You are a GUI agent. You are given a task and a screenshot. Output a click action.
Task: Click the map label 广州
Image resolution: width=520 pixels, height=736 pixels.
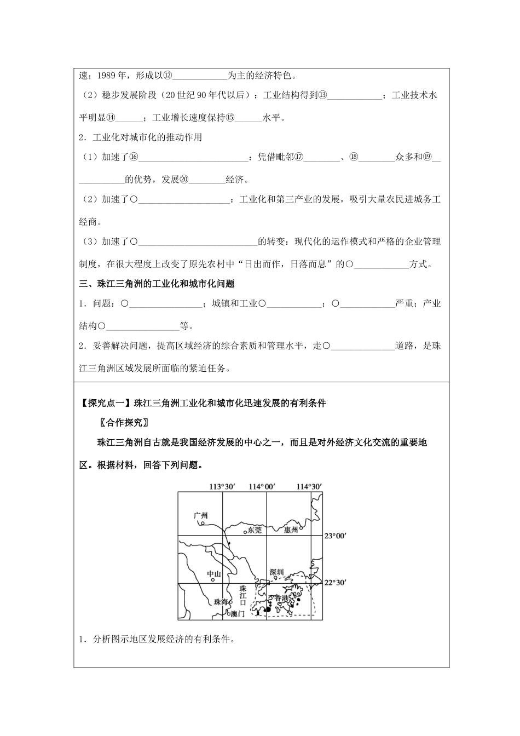[201, 515]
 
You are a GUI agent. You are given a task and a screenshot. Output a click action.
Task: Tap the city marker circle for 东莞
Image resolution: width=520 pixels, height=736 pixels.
[245, 531]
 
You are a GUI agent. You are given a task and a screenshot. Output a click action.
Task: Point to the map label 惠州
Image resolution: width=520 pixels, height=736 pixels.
[291, 530]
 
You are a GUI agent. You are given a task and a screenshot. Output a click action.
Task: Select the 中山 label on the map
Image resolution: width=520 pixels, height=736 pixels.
[213, 574]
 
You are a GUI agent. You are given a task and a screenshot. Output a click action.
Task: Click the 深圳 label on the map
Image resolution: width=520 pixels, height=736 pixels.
[277, 573]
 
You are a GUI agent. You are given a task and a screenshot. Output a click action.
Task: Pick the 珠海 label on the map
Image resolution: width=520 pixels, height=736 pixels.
[220, 601]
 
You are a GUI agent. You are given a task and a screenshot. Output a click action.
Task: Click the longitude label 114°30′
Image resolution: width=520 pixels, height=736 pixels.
[309, 486]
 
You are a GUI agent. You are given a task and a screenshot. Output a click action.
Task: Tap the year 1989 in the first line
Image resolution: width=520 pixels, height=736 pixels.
[106, 75]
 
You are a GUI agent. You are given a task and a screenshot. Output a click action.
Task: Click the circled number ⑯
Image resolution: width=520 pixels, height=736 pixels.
[134, 157]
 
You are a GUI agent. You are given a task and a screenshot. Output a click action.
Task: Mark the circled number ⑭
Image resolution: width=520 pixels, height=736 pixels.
[111, 117]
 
